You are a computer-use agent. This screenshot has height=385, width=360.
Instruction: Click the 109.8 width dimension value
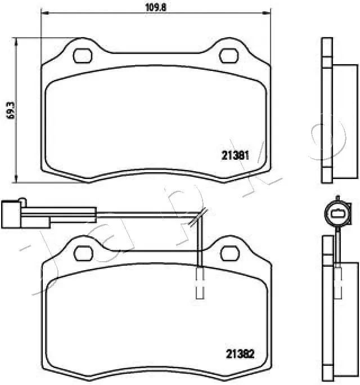(155, 7)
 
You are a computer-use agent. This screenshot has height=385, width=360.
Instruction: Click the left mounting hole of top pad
(83, 56)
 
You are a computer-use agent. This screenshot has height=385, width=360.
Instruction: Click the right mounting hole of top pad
(228, 56)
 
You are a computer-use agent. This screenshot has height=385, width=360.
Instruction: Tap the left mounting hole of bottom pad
(83, 251)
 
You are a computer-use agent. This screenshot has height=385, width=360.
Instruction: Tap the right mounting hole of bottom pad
(228, 251)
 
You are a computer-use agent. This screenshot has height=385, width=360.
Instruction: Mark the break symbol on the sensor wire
(197, 217)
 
